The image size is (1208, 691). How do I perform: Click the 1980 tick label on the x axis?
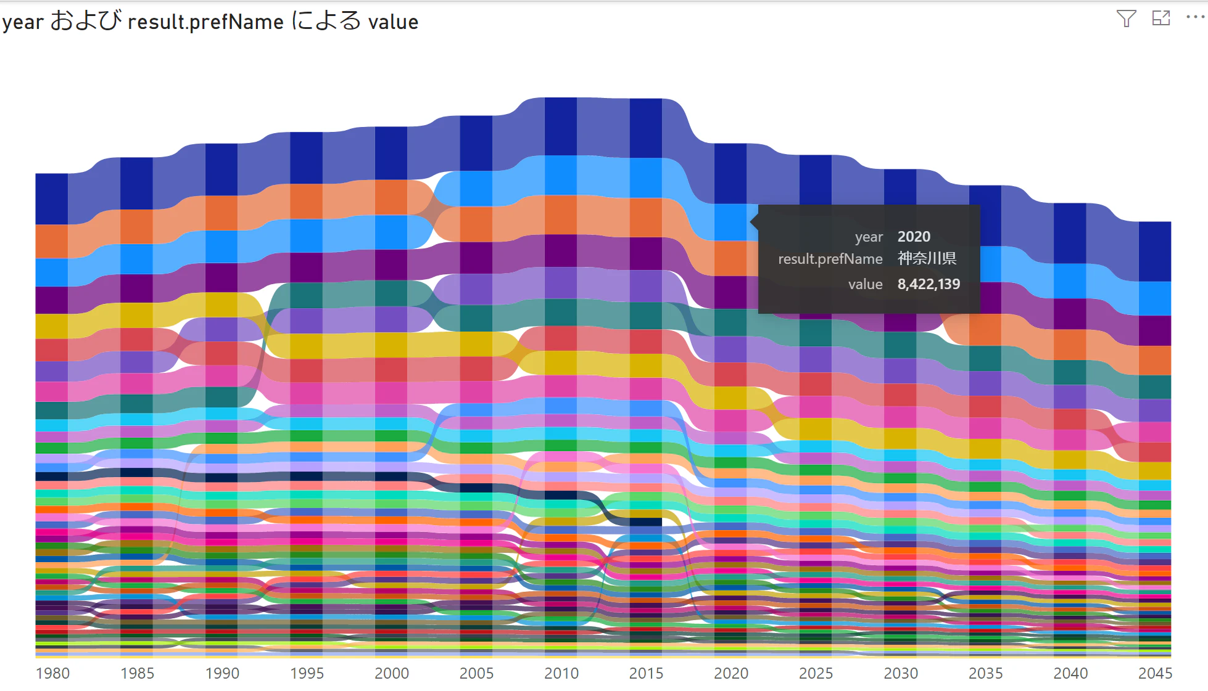pos(52,673)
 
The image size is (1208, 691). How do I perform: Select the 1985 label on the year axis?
pos(137,673)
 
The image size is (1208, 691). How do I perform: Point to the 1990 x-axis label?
pos(222,673)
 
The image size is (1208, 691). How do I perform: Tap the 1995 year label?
pos(307,673)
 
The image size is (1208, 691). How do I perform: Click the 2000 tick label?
pos(392,673)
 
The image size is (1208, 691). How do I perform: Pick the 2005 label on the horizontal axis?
pos(476,673)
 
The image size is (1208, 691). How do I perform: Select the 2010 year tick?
pos(561,673)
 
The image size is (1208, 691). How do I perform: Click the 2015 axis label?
pos(646,673)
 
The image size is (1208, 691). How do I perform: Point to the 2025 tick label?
pos(816,673)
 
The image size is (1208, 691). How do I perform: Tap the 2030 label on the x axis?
pos(901,673)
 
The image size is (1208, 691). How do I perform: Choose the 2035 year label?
pos(985,673)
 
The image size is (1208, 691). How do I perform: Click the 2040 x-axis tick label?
pos(1070,673)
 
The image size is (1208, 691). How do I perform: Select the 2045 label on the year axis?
pos(1155,673)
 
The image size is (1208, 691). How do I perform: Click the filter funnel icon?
pos(1126,18)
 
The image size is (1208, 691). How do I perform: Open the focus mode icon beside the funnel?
pos(1161,18)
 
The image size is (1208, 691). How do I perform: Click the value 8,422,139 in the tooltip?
pos(929,284)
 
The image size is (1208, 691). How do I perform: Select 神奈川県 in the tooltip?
pos(927,259)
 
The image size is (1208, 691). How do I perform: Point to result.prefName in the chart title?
pos(205,22)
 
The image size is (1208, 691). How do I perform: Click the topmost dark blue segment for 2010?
pos(561,126)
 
